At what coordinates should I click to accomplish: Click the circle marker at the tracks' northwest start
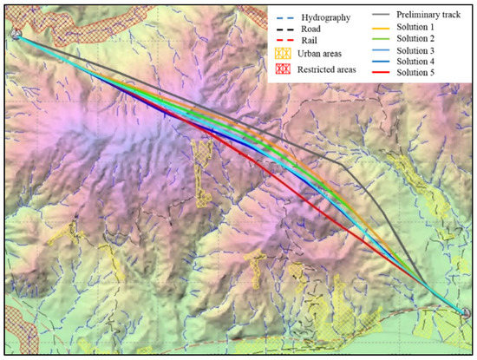(15, 34)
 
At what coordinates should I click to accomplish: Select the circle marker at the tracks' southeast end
(464, 313)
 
